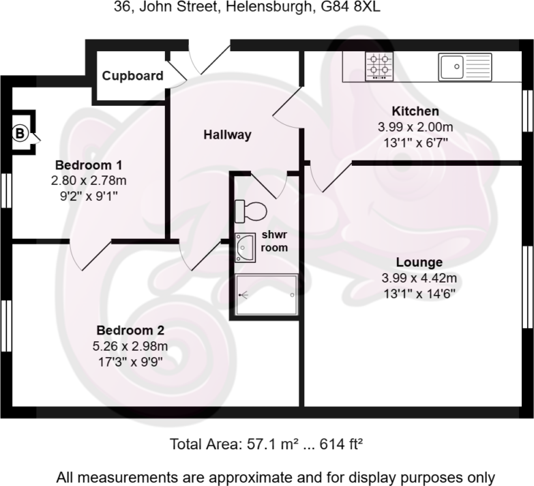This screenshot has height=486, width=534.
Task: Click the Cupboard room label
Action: pos(132,76)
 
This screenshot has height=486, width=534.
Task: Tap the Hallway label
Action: pos(227,135)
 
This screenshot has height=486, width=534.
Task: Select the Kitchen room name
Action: pos(415,111)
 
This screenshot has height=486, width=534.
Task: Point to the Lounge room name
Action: pos(419,262)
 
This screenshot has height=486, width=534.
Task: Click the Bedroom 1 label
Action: pos(89,165)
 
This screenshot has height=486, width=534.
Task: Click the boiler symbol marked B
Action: pos(20,133)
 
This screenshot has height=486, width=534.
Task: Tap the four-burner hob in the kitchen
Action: pos(380,67)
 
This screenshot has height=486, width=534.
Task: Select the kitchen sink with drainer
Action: pos(464,67)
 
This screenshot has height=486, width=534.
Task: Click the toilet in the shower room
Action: pos(250,210)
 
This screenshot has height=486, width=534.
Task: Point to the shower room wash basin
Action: pos(244,247)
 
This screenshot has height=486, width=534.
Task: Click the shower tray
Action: pos(267,295)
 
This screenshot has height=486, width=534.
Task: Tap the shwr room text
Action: pos(274,241)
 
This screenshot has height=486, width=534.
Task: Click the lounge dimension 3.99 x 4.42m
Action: pos(419,278)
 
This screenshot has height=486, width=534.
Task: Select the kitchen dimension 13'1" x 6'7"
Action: pos(415,143)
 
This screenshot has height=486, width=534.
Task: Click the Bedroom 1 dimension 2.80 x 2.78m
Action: pos(89,181)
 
